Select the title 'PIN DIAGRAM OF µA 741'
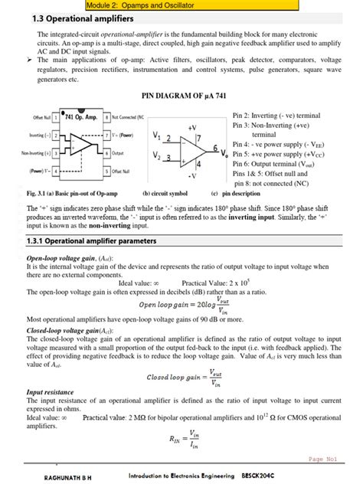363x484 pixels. tap(181, 97)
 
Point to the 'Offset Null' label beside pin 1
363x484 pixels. tap(43, 117)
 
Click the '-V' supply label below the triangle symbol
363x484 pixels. tap(191, 175)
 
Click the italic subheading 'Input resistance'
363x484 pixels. tap(50, 391)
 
